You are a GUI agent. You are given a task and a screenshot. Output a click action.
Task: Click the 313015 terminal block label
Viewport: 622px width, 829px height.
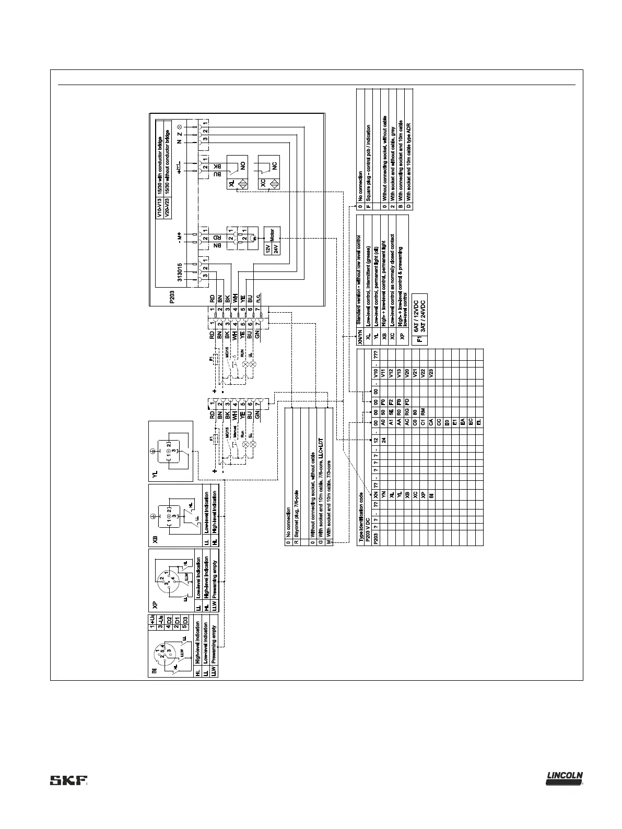tap(180, 272)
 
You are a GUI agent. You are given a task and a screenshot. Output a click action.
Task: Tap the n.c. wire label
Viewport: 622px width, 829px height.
tap(259, 299)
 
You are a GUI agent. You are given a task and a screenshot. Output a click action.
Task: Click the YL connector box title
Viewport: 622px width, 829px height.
tap(154, 474)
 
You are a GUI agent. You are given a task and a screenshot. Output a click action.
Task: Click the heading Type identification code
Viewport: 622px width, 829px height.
tap(361, 514)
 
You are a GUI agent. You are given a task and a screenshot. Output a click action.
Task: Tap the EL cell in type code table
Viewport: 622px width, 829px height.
tap(478, 422)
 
